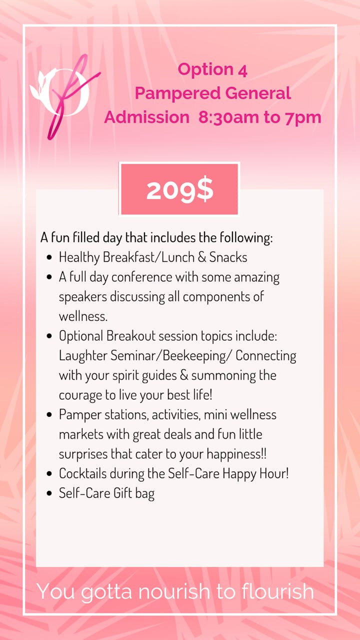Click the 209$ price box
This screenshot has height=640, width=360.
(x=179, y=189)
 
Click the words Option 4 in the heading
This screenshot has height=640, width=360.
(x=212, y=69)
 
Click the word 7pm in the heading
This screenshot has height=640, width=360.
(x=303, y=117)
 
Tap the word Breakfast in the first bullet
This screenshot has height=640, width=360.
(x=128, y=257)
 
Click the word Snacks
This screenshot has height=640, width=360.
(x=228, y=257)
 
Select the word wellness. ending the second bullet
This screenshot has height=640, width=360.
(x=83, y=316)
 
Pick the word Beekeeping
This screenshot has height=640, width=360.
(x=194, y=356)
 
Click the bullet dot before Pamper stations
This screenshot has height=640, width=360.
(x=49, y=414)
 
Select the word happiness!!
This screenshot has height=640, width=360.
(x=236, y=454)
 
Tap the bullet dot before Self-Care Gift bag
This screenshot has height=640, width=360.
(x=49, y=493)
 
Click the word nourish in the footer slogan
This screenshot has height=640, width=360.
(x=174, y=591)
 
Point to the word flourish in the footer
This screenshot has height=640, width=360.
(x=277, y=591)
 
